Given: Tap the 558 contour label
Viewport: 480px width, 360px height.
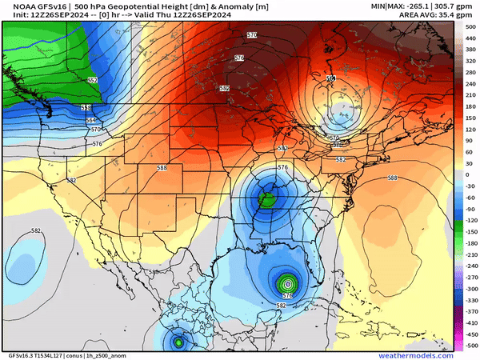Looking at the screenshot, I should pyautogui.click(x=86, y=107).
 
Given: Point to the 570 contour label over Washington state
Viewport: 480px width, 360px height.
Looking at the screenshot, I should pyautogui.click(x=96, y=129).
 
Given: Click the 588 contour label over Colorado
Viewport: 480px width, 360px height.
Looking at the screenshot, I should pyautogui.click(x=162, y=167).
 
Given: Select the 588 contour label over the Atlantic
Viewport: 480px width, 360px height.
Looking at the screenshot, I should pyautogui.click(x=393, y=178).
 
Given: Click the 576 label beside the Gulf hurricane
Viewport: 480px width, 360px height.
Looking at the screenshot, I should pyautogui.click(x=288, y=295).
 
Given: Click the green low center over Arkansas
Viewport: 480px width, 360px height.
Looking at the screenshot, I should pyautogui.click(x=266, y=199).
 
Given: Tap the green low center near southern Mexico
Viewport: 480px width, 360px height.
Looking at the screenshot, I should pyautogui.click(x=178, y=342).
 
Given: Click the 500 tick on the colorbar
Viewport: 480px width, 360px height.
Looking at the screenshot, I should pyautogui.click(x=470, y=27).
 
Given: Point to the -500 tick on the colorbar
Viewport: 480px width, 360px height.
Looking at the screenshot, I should pyautogui.click(x=470, y=344).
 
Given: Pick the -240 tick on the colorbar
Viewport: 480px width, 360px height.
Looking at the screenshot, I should pyautogui.click(x=470, y=265).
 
